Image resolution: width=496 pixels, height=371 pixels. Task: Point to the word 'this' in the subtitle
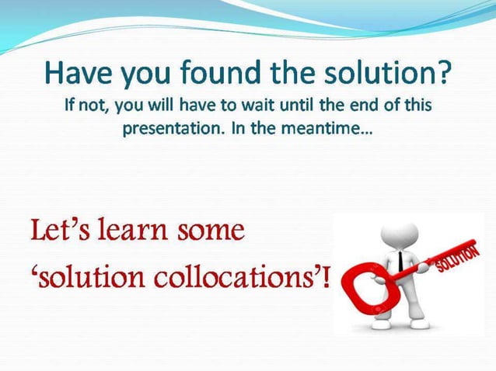point(415,106)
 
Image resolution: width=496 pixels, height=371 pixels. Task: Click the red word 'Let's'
point(57,231)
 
